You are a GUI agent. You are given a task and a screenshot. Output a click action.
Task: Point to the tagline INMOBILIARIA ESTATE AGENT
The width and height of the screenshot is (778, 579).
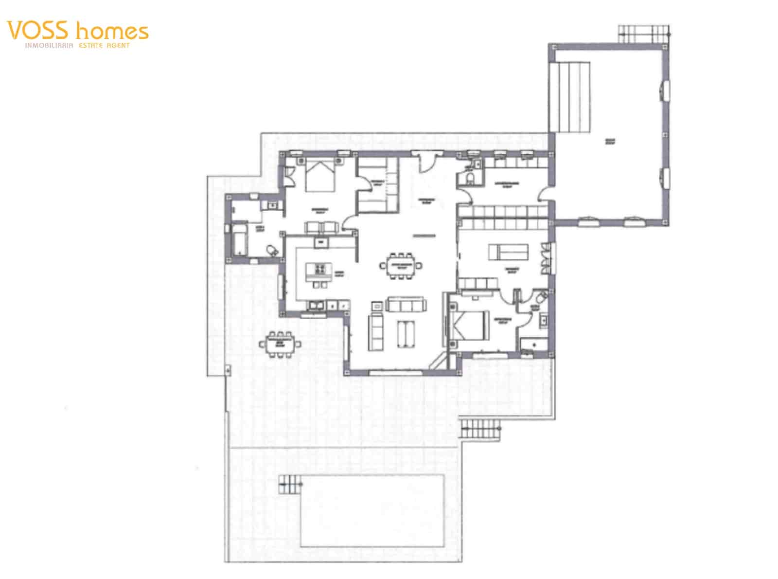click(x=78, y=45)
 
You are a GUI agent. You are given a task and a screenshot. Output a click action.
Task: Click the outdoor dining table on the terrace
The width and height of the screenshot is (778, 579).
click(x=280, y=344)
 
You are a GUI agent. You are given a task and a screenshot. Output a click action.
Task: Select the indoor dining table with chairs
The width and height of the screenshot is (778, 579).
click(x=402, y=266)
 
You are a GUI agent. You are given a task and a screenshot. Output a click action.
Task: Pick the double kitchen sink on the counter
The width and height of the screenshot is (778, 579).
click(x=317, y=306)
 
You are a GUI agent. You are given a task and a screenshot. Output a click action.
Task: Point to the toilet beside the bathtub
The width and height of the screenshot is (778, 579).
click(x=272, y=250)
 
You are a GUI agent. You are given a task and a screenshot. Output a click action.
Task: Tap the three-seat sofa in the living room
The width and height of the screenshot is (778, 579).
click(x=406, y=305)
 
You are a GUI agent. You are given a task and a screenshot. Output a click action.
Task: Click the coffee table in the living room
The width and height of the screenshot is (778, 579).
click(x=406, y=334)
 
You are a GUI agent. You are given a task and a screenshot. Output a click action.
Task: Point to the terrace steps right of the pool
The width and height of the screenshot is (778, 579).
click(x=480, y=429)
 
